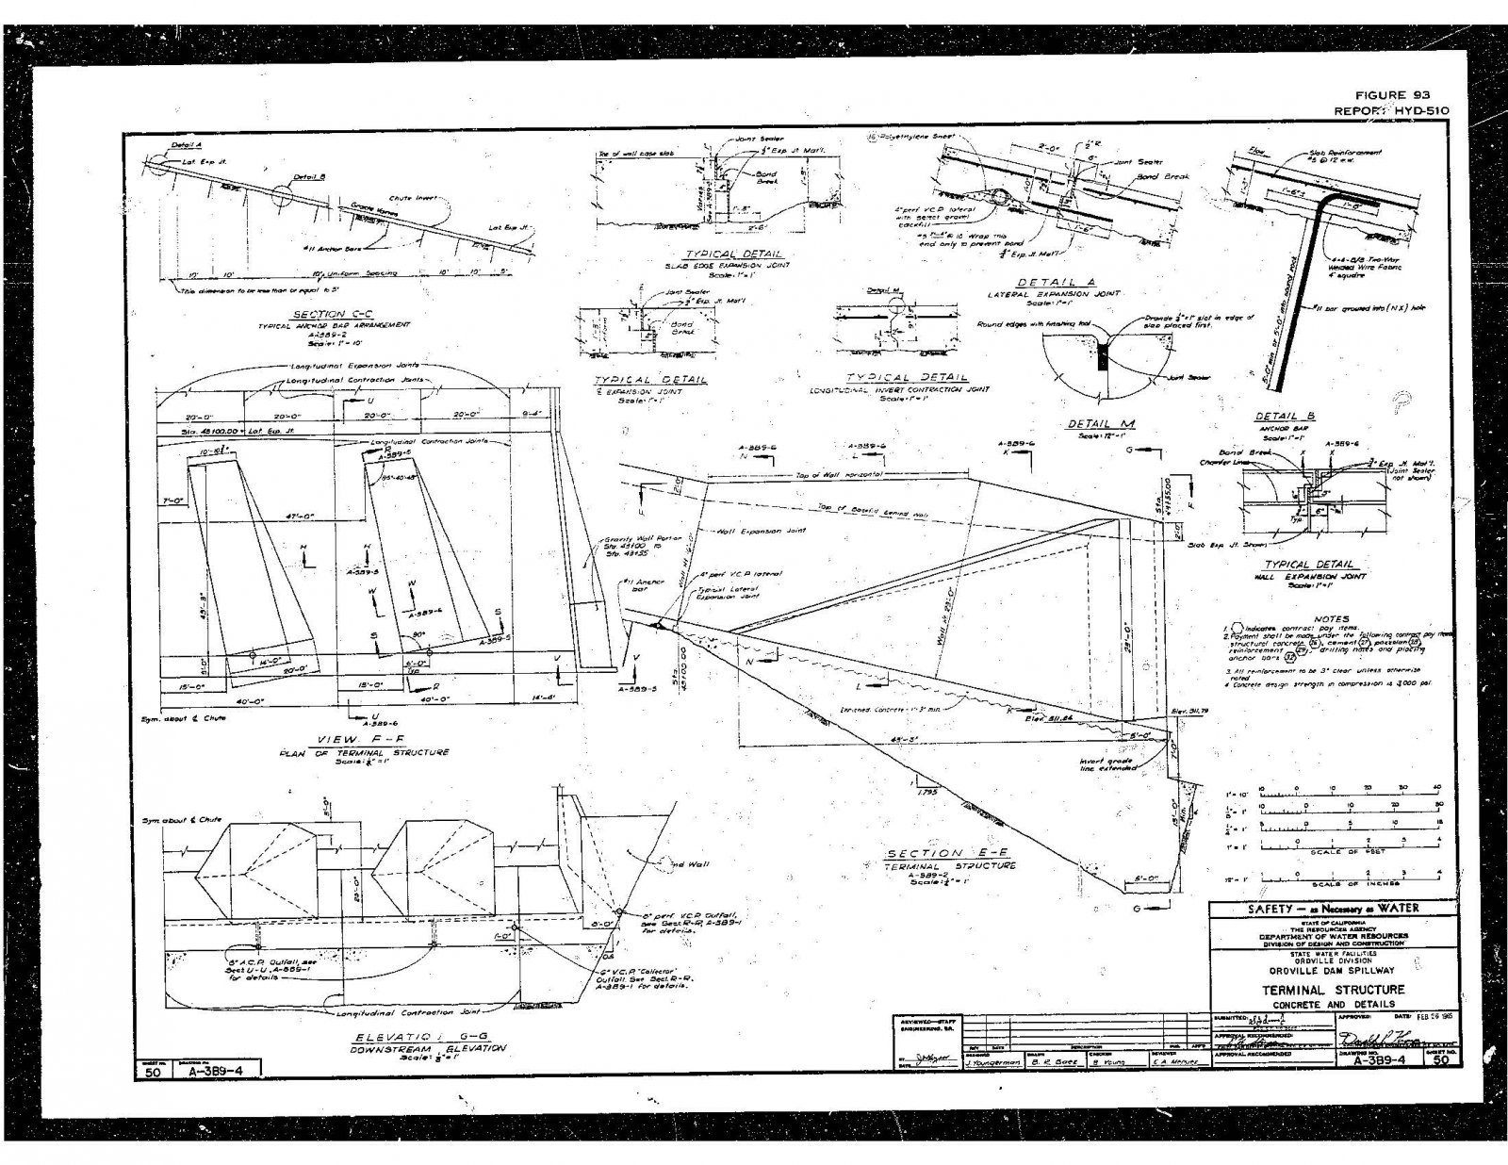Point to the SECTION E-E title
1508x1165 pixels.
pyautogui.click(x=950, y=853)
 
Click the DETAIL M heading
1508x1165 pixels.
pyautogui.click(x=1100, y=424)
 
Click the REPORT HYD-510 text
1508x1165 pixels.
pyautogui.click(x=1392, y=110)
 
